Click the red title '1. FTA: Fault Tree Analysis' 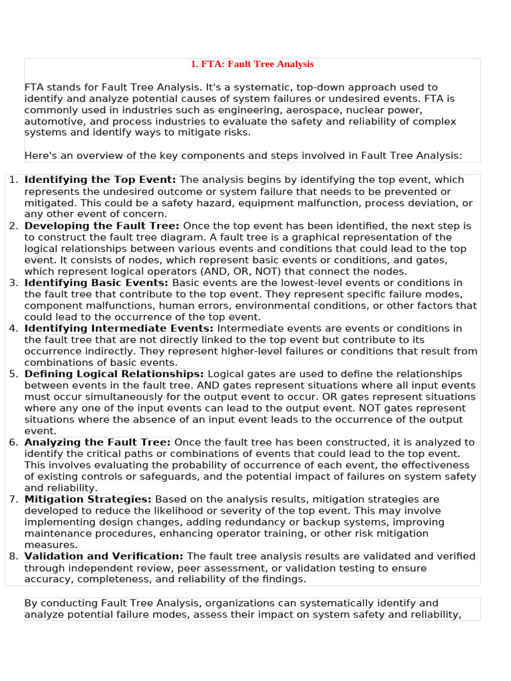[x=252, y=65]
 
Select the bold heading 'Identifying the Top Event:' [x=100, y=180]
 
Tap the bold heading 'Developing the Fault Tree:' [x=102, y=226]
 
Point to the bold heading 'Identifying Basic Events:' [x=97, y=283]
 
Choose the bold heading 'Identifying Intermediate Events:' [x=119, y=329]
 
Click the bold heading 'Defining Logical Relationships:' [x=114, y=374]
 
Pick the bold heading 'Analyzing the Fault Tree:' [x=98, y=442]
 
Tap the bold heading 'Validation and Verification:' [x=104, y=557]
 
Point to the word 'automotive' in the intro [x=52, y=122]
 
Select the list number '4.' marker [x=13, y=329]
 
